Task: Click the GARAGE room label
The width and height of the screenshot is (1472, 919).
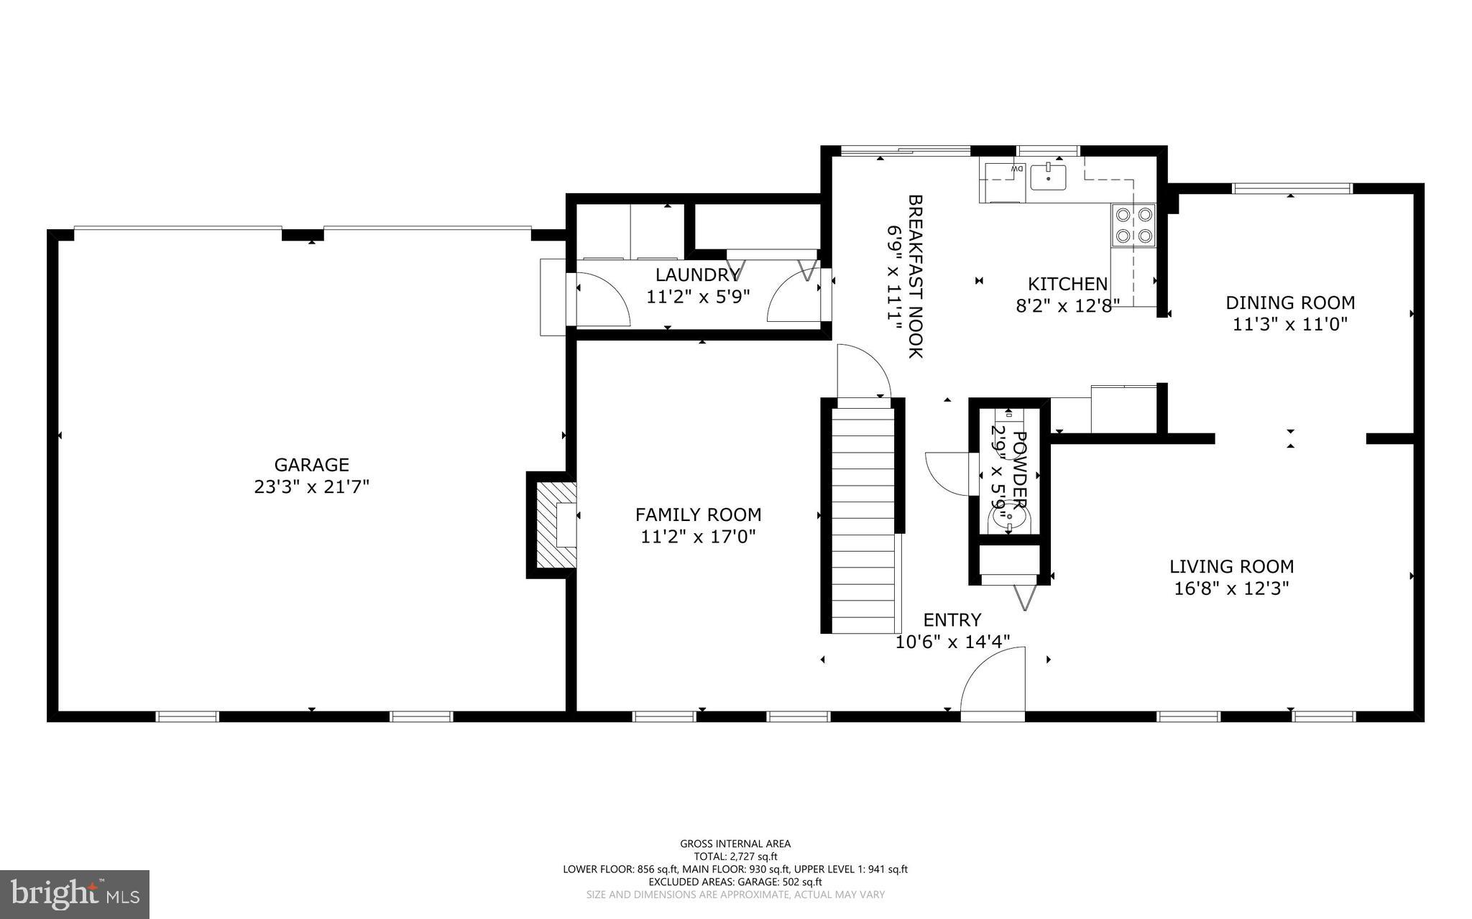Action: pyautogui.click(x=311, y=465)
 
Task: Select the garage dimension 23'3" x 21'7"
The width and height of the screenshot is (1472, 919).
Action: pyautogui.click(x=311, y=487)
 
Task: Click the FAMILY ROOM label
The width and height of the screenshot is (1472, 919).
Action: pyautogui.click(x=698, y=514)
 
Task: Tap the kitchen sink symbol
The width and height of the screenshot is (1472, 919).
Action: pyautogui.click(x=1048, y=176)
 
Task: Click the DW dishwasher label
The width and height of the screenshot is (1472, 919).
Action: pyautogui.click(x=1016, y=168)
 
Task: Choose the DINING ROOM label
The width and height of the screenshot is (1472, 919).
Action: pyautogui.click(x=1290, y=303)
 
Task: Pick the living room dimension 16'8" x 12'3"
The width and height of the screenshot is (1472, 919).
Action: pyautogui.click(x=1231, y=588)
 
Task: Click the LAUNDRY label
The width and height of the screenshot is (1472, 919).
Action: pyautogui.click(x=696, y=274)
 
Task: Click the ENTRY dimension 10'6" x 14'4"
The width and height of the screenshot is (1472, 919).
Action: pyautogui.click(x=952, y=642)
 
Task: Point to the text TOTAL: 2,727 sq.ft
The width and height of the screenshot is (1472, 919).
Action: pyautogui.click(x=735, y=856)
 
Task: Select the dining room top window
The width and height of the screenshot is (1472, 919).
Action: pyautogui.click(x=1292, y=189)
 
